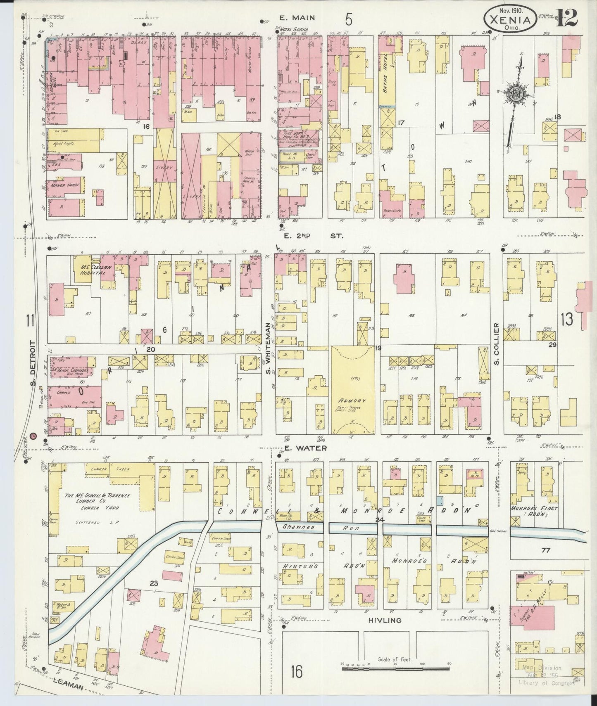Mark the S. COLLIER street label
click(497, 344)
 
